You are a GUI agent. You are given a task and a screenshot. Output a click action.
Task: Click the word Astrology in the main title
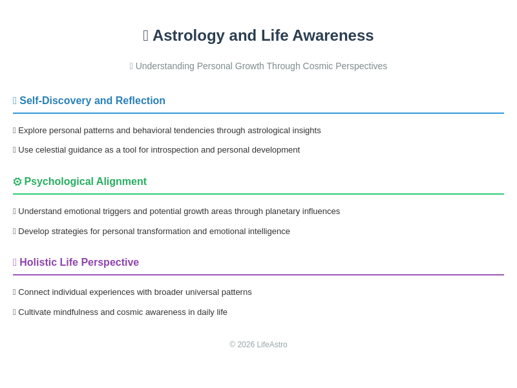187,36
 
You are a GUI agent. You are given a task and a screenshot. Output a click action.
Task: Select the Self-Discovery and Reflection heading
92,101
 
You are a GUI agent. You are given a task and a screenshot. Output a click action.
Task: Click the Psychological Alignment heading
85,182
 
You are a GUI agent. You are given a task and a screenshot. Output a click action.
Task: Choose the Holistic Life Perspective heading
79,263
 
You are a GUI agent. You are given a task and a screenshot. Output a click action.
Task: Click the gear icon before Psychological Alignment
17,182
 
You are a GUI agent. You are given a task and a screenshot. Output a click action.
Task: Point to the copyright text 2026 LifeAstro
258,345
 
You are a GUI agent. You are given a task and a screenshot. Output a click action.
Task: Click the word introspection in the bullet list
175,150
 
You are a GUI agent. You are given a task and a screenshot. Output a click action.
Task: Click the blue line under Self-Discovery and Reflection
258,113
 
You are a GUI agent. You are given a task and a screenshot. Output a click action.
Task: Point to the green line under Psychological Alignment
258,194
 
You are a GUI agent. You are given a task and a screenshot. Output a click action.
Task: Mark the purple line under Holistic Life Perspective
258,275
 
